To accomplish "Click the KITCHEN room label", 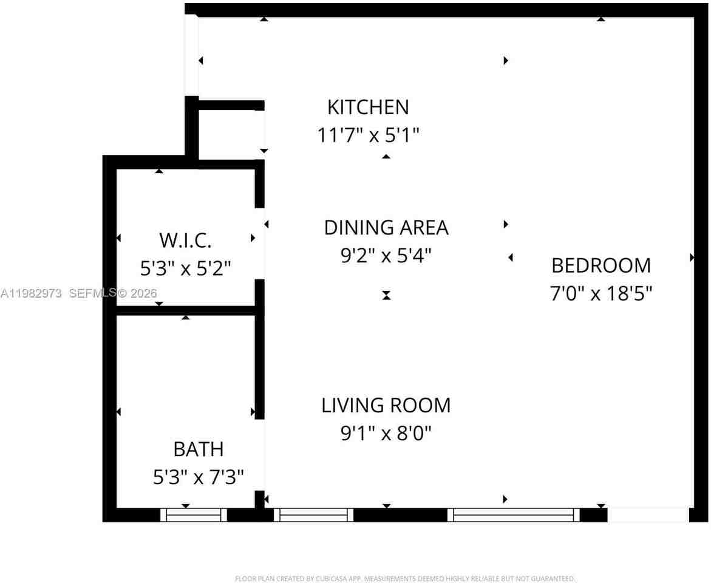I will [x=368, y=107].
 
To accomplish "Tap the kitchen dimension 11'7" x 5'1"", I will [x=368, y=135].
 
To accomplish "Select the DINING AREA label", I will [x=386, y=228].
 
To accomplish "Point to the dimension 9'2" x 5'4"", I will [x=386, y=256].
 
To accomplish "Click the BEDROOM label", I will [x=600, y=265].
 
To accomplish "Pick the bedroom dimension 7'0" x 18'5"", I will [x=600, y=294].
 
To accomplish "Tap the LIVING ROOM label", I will [x=386, y=405].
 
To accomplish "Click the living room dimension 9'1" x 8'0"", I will [x=386, y=433].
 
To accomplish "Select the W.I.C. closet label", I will [x=185, y=240].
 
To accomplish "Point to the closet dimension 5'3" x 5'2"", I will [x=185, y=268].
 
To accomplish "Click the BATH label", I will [x=198, y=449].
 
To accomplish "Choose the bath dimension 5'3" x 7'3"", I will [x=198, y=477].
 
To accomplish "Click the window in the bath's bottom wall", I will [x=194, y=515].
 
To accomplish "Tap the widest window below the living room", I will [x=514, y=515].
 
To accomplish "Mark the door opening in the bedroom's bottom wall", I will [x=648, y=515].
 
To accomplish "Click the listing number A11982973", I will [x=31, y=293].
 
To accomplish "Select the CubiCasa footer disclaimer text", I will [x=404, y=579].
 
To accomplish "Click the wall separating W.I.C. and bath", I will [x=185, y=310].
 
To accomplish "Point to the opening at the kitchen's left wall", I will [x=192, y=55].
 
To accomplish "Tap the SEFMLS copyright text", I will [x=113, y=293].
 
